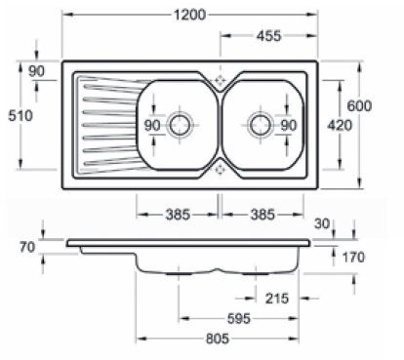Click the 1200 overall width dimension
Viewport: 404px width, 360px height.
tap(190, 15)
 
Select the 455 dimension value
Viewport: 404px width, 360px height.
tap(268, 36)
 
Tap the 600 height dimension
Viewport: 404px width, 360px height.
tap(359, 106)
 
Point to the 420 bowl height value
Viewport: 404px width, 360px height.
tap(340, 125)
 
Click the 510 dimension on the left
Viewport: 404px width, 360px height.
tap(20, 116)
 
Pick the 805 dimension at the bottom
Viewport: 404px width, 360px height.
tap(218, 339)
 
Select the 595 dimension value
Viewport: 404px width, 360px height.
tap(238, 319)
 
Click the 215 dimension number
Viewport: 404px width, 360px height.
tap(277, 299)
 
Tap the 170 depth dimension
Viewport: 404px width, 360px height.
tap(353, 258)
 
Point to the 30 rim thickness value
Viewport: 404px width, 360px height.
tap(322, 223)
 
